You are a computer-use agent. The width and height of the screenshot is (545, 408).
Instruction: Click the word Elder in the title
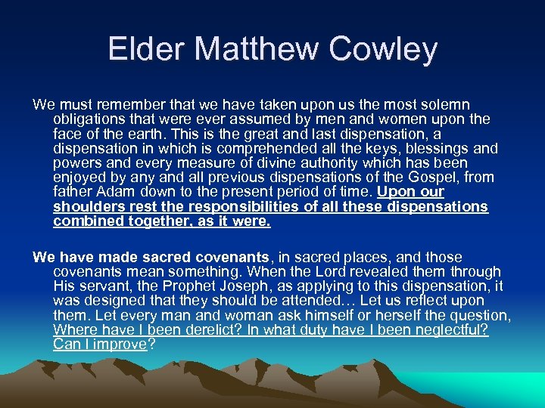(145, 50)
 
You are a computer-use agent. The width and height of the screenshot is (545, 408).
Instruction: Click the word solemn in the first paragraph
(444, 104)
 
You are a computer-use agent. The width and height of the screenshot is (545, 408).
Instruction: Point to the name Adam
(108, 192)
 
